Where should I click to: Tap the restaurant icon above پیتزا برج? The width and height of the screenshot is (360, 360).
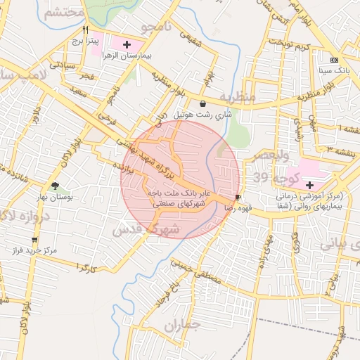click(85, 30)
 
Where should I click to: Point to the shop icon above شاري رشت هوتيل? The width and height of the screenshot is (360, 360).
click(202, 103)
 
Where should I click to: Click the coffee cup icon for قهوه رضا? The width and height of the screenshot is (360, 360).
click(238, 198)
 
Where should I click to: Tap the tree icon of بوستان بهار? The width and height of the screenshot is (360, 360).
click(55, 186)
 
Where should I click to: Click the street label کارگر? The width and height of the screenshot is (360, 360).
click(84, 268)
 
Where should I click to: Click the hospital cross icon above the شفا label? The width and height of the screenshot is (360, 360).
click(309, 184)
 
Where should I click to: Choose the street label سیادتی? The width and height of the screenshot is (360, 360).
click(61, 64)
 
